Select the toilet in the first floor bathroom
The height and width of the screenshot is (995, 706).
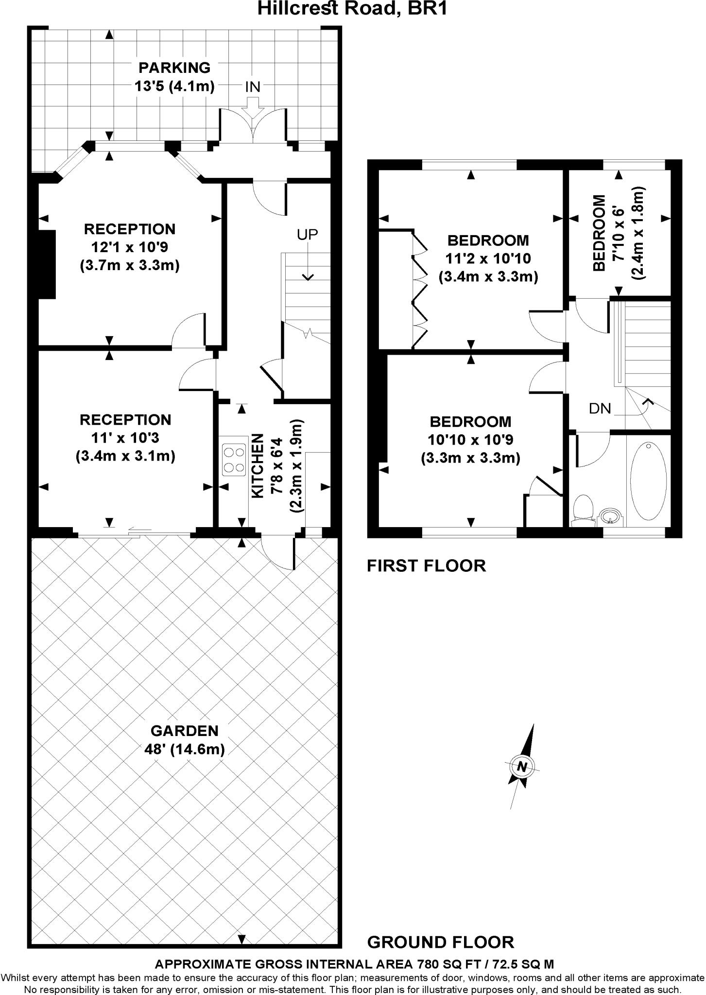583,511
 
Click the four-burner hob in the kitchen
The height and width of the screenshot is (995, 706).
233,460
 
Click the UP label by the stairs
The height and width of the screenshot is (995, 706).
308,235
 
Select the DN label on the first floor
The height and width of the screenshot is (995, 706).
600,409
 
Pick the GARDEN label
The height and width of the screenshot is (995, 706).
185,731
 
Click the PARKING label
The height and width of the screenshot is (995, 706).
174,68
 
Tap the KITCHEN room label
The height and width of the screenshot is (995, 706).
257,466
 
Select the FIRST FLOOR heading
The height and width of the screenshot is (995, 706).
426,566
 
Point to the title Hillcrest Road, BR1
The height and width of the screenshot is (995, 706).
352,8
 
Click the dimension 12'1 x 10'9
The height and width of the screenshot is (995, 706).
130,247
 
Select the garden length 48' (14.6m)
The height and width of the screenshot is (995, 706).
185,749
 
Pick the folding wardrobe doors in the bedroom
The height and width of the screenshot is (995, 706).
420,290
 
